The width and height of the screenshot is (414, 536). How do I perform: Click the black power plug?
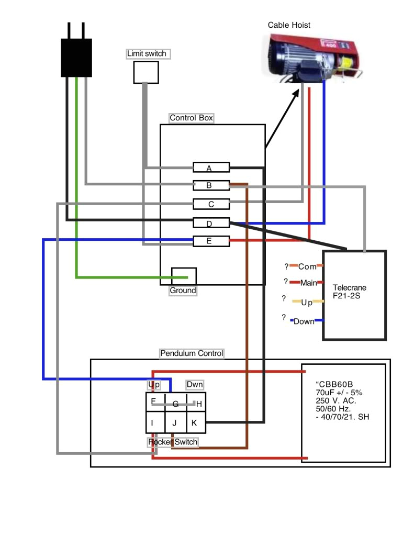click(76, 57)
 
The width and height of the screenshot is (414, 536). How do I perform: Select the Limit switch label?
click(147, 53)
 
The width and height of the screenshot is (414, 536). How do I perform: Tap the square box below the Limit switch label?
click(146, 72)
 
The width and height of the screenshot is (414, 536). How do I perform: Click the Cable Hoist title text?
click(289, 25)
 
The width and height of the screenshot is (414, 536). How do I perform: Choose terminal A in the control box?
click(211, 167)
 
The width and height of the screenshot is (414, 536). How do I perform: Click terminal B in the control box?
click(211, 185)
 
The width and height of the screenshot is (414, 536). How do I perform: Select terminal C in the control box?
click(211, 204)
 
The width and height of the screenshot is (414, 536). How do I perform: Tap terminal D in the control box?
click(211, 223)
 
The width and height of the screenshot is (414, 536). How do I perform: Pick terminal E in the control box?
click(211, 241)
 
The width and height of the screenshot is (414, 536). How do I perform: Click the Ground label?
click(183, 291)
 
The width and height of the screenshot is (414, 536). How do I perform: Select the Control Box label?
click(191, 118)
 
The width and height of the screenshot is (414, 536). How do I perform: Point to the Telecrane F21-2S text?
click(350, 292)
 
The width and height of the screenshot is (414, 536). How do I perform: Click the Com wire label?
click(307, 266)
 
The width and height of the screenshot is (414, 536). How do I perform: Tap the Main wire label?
click(308, 283)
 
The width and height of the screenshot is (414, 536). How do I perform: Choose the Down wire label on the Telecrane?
click(304, 321)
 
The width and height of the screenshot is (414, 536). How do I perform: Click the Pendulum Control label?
click(192, 353)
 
